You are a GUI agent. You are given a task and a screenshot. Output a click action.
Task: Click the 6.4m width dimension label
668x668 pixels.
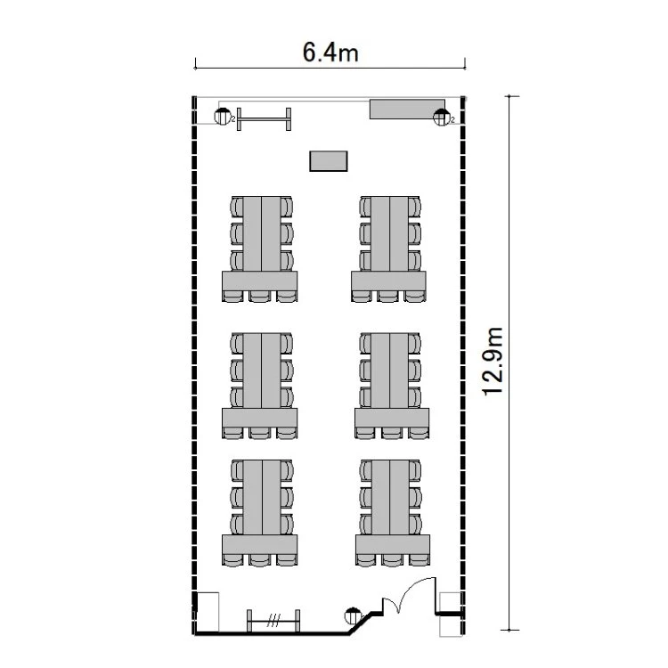(330, 53)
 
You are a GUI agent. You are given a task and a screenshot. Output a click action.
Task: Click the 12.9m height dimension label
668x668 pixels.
(493, 362)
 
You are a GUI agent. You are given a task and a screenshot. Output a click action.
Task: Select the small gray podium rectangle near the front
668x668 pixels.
(329, 161)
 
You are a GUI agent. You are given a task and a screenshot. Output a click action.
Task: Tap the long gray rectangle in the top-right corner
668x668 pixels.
(407, 109)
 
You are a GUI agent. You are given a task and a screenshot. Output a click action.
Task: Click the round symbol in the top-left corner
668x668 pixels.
(223, 117)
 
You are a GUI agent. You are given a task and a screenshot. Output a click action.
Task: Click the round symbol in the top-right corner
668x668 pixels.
(442, 118)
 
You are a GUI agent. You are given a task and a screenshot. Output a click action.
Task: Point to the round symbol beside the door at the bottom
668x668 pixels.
(353, 615)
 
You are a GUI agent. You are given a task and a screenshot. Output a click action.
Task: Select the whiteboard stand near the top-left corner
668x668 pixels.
(265, 118)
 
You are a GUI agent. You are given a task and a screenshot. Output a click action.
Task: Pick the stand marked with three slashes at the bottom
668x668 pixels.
(273, 621)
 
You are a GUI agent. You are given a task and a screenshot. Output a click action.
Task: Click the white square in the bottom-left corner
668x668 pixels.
(208, 612)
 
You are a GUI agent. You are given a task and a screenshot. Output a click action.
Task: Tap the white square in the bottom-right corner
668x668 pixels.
(451, 615)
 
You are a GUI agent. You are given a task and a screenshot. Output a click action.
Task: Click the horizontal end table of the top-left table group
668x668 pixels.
(260, 281)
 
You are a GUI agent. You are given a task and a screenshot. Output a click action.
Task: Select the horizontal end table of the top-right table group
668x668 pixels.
(388, 281)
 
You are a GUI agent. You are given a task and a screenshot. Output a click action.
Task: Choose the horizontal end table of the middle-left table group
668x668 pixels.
(260, 418)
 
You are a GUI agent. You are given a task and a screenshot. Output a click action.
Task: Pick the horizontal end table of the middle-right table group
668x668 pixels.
(392, 418)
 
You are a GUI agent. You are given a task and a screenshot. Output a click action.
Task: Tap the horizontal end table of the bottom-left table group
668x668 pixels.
(260, 544)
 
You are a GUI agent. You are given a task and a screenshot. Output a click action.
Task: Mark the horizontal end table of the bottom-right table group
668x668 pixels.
(393, 544)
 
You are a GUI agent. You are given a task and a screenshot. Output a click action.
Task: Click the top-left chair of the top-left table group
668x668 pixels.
(237, 207)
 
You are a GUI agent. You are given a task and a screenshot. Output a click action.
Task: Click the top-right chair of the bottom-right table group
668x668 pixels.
(415, 470)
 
